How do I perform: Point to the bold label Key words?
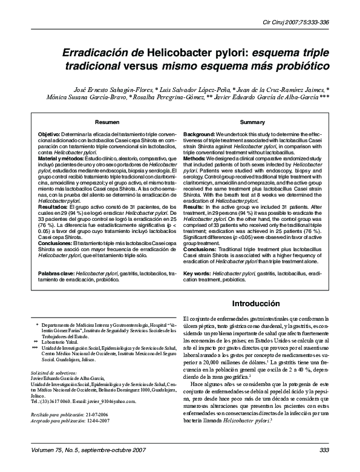coord(197,274)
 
